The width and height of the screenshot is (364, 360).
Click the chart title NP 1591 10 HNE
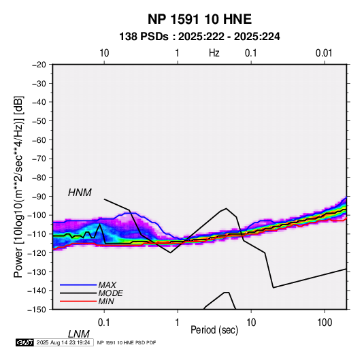click(199, 19)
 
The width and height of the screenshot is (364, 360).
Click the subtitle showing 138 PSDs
click(199, 37)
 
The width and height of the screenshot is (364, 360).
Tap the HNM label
click(80, 193)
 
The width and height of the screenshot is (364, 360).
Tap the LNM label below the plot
click(78, 334)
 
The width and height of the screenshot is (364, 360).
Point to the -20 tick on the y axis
click(39, 65)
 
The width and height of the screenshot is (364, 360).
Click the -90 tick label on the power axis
click(39, 196)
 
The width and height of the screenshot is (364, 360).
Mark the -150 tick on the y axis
click(37, 310)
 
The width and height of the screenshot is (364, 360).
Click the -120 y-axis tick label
click(37, 252)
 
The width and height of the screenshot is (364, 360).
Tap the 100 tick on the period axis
click(325, 323)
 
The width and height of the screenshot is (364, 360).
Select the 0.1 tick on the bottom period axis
click(104, 323)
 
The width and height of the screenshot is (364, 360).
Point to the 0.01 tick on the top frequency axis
click(324, 53)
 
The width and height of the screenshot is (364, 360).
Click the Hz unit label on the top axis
click(214, 53)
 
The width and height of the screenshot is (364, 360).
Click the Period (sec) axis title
click(214, 330)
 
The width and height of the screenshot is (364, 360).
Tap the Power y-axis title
click(18, 186)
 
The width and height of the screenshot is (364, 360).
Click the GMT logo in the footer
click(24, 342)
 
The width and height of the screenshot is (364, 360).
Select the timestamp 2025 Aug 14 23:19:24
click(63, 342)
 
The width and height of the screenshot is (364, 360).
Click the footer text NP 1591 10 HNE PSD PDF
click(127, 342)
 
